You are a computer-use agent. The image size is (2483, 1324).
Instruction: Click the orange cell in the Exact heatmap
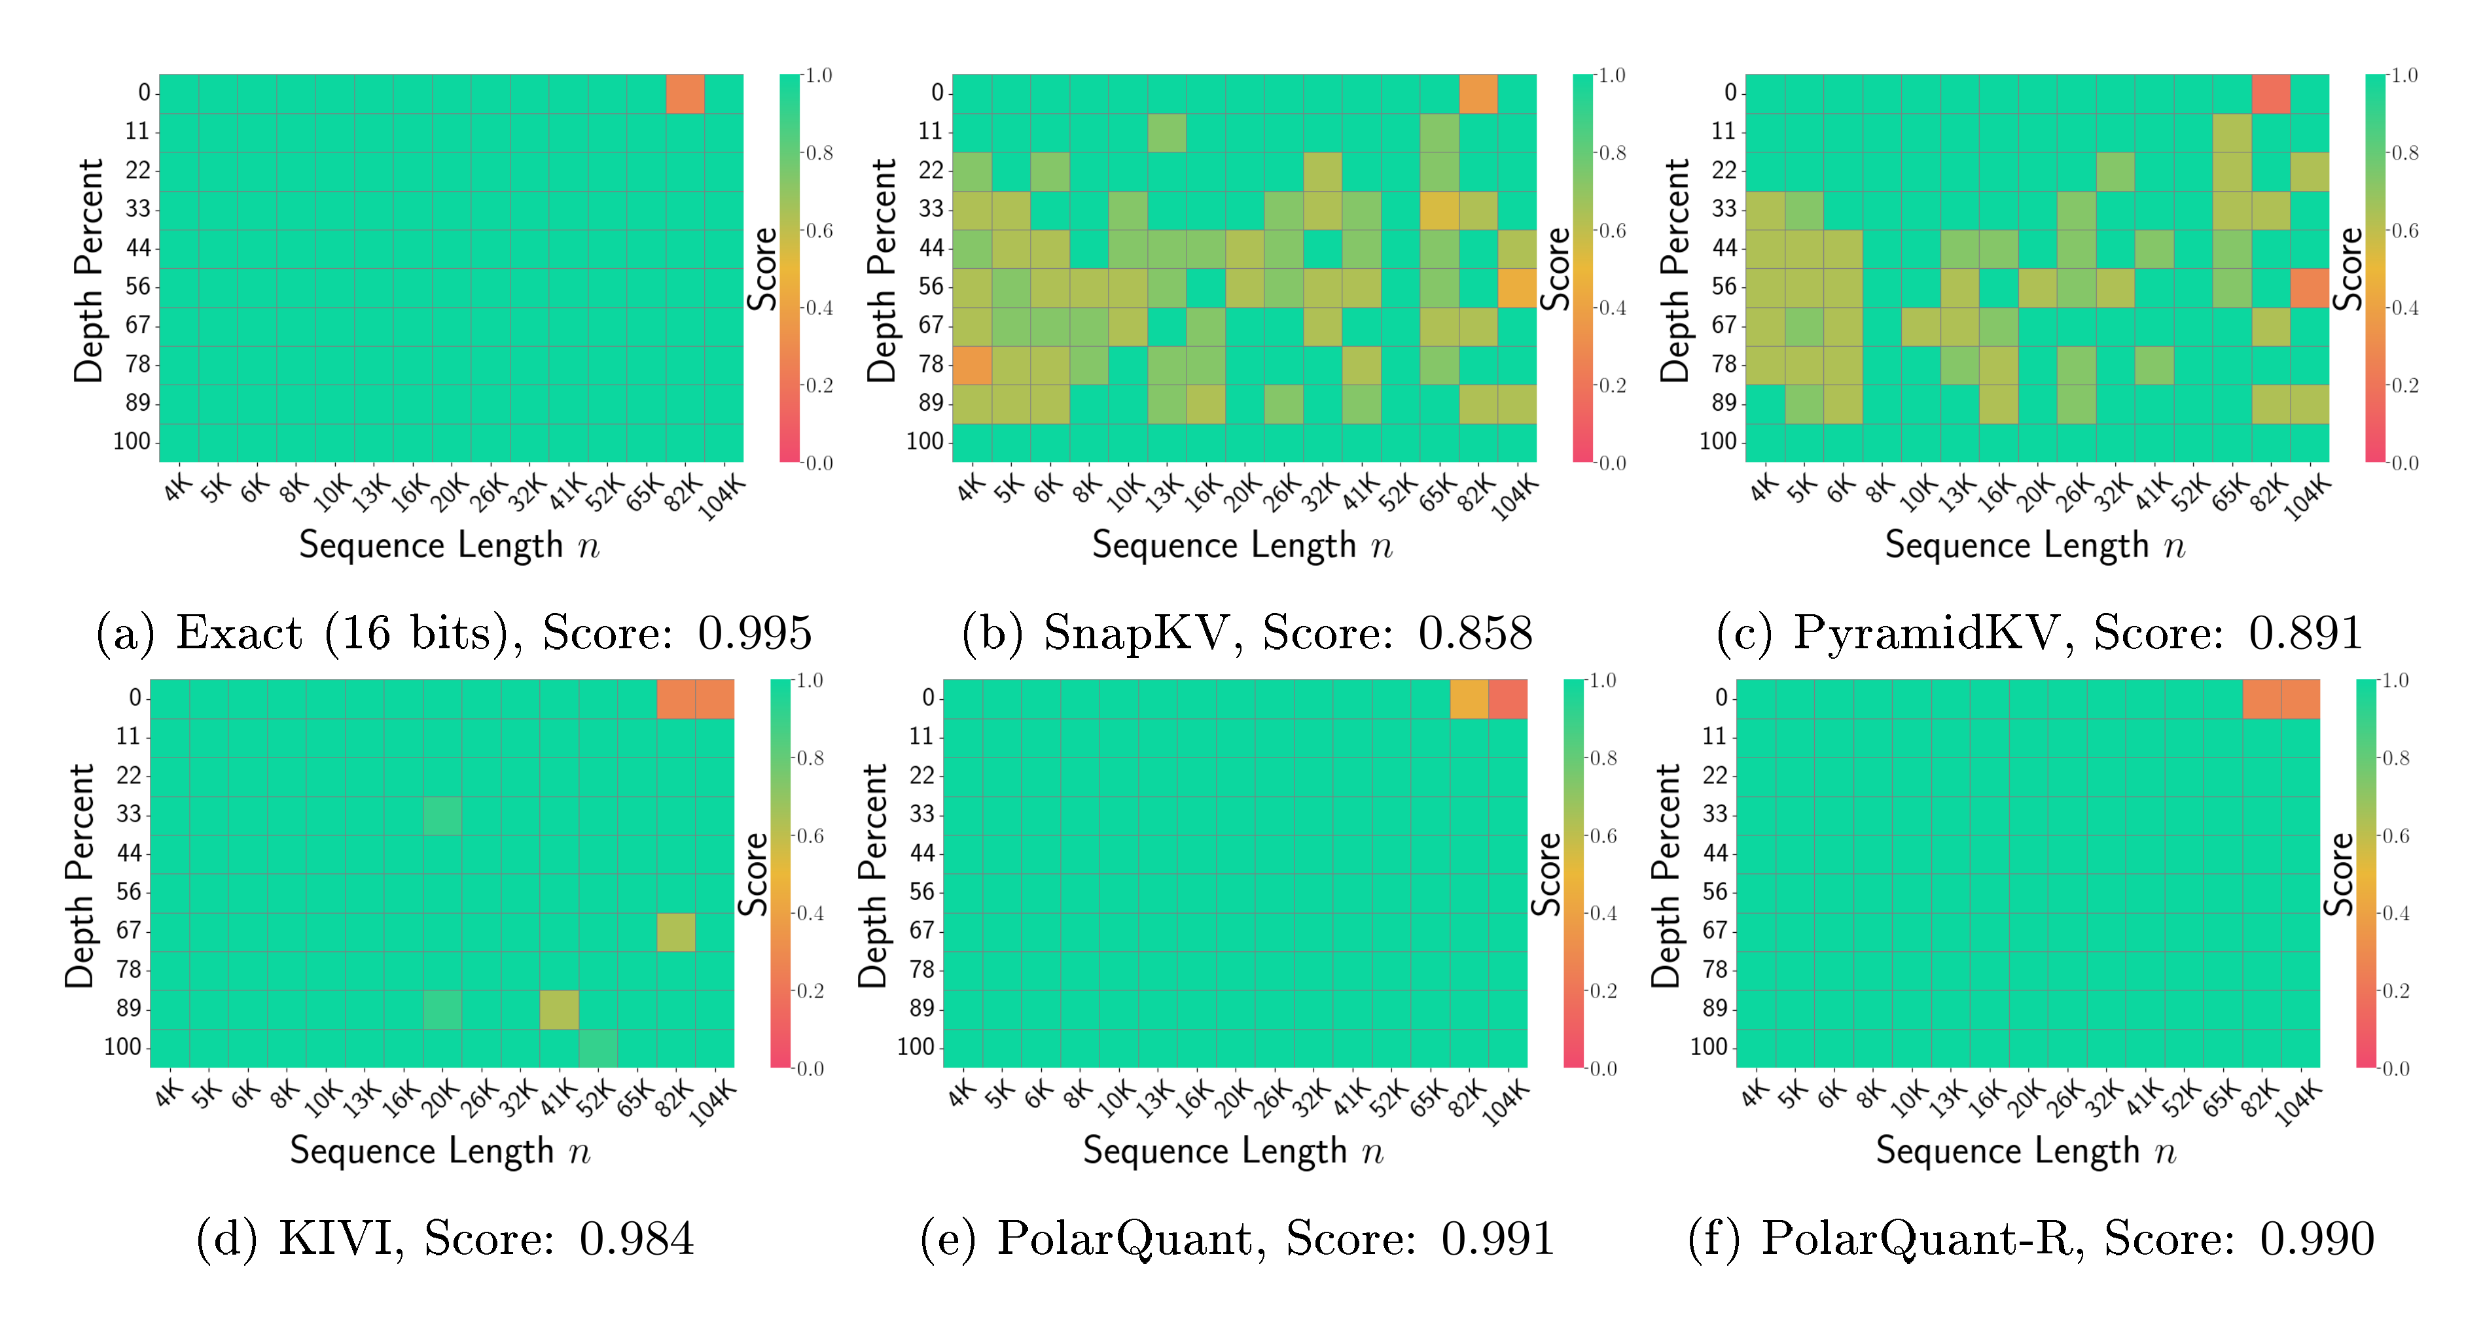point(685,94)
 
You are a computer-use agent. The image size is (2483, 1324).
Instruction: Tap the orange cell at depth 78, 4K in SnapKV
point(972,365)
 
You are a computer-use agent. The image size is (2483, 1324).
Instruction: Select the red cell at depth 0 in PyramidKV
point(2270,94)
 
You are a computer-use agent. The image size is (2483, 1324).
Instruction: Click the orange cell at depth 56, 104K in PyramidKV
point(2310,288)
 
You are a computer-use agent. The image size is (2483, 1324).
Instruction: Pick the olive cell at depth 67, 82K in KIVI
point(675,932)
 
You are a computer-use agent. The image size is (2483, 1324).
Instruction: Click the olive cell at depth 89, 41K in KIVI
point(559,1009)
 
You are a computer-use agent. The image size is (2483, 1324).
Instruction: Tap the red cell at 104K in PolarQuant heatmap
point(1508,699)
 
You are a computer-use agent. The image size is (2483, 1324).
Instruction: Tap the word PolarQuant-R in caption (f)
point(1918,1238)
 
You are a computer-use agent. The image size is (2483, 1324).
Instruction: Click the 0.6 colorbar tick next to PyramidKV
point(2404,230)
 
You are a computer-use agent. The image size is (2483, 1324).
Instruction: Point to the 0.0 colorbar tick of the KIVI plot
point(810,1068)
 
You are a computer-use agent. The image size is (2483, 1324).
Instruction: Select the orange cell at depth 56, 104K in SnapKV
point(1516,288)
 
